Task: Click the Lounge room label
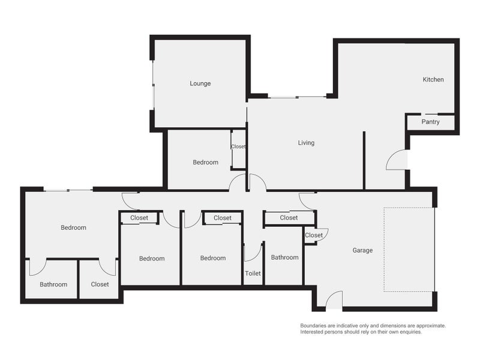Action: point(200,83)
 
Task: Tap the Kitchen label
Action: point(433,79)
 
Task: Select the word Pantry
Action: point(430,122)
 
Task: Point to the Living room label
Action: point(306,143)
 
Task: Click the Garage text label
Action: point(362,250)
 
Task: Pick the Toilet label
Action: point(253,273)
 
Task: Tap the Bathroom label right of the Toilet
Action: point(284,257)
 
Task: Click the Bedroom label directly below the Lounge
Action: point(205,162)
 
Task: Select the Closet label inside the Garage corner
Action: point(313,235)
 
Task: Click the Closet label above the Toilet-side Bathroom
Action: point(289,217)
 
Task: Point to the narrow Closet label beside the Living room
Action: point(238,146)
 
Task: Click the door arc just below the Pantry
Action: point(397,160)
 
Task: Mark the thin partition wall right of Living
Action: point(364,160)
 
